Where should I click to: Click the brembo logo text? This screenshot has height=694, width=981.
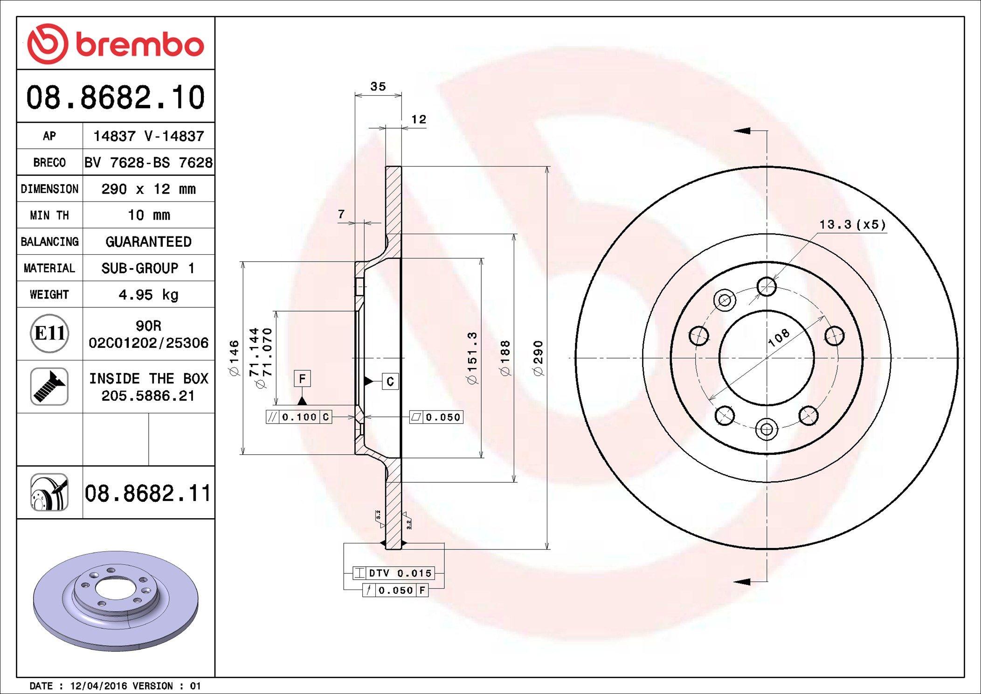(139, 45)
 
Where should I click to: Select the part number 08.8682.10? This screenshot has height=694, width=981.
(116, 97)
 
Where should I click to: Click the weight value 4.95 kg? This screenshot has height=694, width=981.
(148, 295)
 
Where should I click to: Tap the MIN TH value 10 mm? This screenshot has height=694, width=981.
(149, 215)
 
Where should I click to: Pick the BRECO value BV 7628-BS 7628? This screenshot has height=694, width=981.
(148, 162)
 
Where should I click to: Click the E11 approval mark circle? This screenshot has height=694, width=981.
(49, 333)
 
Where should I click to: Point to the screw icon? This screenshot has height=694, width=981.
(49, 386)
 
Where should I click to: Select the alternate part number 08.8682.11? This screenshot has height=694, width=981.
(148, 493)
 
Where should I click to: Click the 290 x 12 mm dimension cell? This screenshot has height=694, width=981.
(148, 189)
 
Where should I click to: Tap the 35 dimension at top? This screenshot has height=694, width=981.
(378, 86)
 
